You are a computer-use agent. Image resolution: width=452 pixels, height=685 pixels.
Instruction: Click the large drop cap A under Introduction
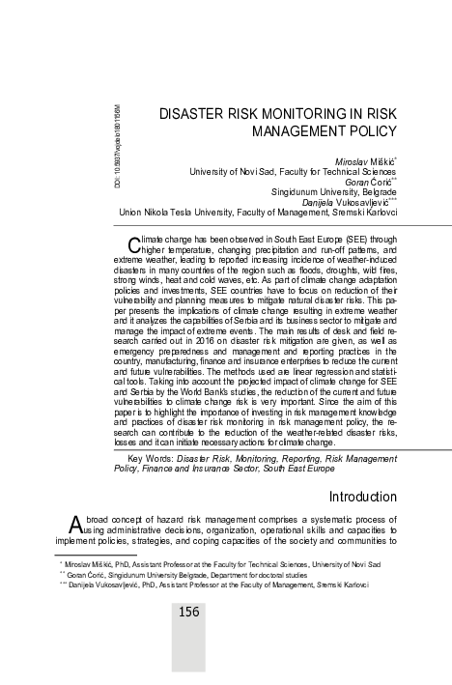coord(75,526)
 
